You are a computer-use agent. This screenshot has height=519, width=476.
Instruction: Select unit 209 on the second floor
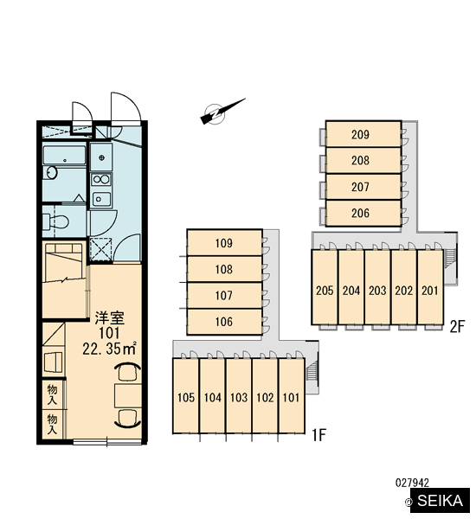click(x=363, y=134)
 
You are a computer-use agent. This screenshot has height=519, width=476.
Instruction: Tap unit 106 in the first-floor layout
click(x=224, y=322)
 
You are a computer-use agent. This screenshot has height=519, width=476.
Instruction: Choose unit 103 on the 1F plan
click(x=239, y=396)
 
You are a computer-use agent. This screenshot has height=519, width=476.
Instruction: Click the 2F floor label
click(x=457, y=327)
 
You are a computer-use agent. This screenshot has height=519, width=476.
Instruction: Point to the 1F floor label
click(x=319, y=434)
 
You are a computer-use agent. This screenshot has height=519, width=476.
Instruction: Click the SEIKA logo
click(x=440, y=501)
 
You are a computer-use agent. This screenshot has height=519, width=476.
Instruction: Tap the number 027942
click(x=412, y=483)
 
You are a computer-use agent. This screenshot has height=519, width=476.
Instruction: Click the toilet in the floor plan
click(x=56, y=221)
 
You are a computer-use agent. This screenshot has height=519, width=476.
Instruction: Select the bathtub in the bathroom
click(x=65, y=155)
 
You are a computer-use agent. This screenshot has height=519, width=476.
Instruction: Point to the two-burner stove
click(x=101, y=179)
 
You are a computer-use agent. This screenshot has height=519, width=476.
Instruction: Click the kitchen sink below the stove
click(x=101, y=199)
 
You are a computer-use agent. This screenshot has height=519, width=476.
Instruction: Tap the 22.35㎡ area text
click(x=109, y=349)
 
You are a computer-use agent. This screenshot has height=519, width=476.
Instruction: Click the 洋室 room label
click(x=110, y=317)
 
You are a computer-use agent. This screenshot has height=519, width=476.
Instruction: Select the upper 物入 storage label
click(x=52, y=394)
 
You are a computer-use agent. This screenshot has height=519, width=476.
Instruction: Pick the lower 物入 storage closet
click(x=54, y=425)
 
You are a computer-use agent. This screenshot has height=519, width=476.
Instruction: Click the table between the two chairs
click(x=128, y=396)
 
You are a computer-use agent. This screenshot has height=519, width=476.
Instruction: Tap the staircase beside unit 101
click(x=312, y=370)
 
